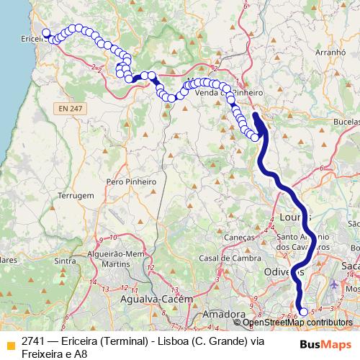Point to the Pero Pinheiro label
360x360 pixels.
[x=132, y=182]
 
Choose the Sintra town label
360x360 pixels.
[x=65, y=261]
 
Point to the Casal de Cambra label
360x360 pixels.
[x=218, y=258]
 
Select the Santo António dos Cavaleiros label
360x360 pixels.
[x=304, y=241]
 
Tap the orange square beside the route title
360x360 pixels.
[x=10, y=344]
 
